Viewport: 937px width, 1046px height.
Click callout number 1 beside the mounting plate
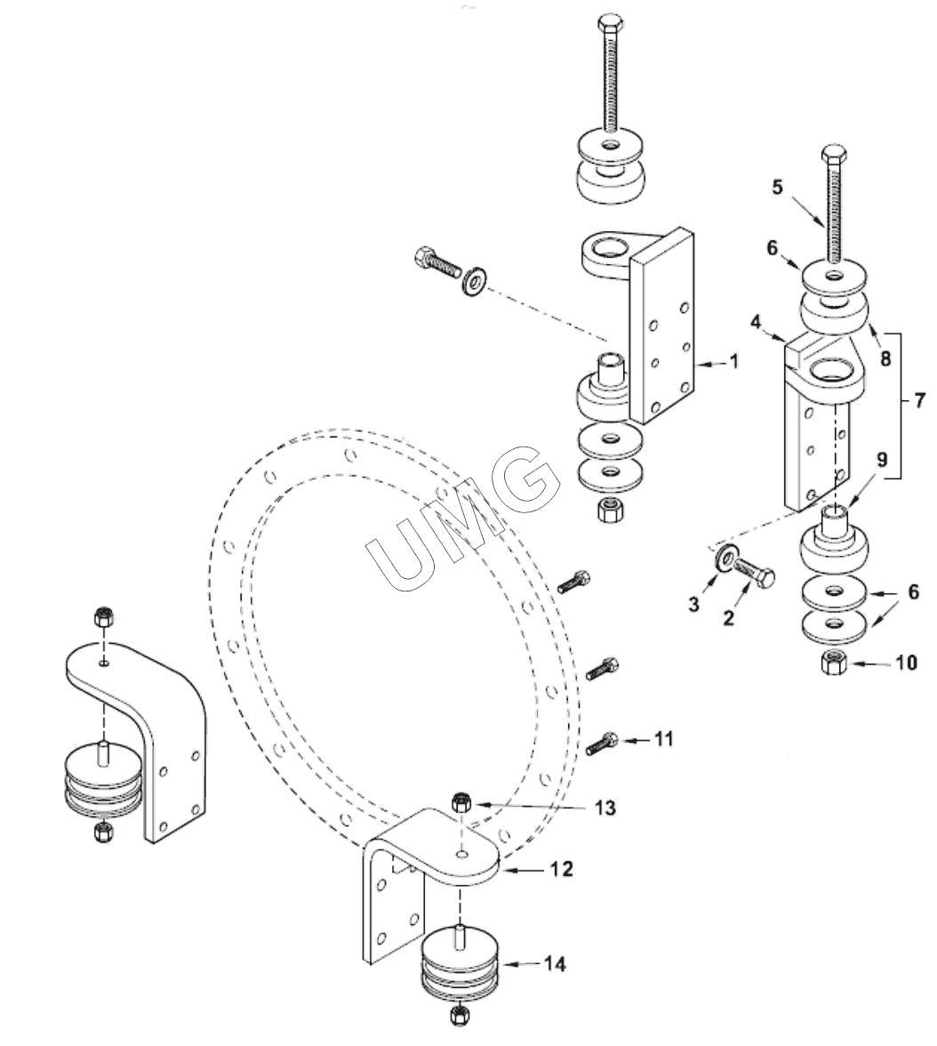coord(734,361)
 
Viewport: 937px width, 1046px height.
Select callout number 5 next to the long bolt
coord(778,187)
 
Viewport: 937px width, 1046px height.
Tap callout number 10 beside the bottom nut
coord(907,663)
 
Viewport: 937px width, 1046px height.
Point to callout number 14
coord(554,964)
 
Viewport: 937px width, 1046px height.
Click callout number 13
coord(605,808)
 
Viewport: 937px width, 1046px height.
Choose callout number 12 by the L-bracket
coord(562,868)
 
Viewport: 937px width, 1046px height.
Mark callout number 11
coord(663,738)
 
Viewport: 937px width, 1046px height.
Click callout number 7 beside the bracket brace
coord(919,401)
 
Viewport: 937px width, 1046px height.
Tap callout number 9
coord(882,459)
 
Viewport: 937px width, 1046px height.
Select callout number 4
coord(755,322)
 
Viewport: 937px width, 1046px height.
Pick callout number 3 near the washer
coord(693,605)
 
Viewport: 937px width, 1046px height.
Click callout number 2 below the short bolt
coord(728,617)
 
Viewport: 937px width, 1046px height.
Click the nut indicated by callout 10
coord(834,663)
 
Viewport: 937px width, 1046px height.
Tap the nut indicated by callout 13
coord(460,801)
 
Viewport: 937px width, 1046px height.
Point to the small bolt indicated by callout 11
coord(602,743)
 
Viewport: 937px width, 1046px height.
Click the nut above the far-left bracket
coord(102,616)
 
